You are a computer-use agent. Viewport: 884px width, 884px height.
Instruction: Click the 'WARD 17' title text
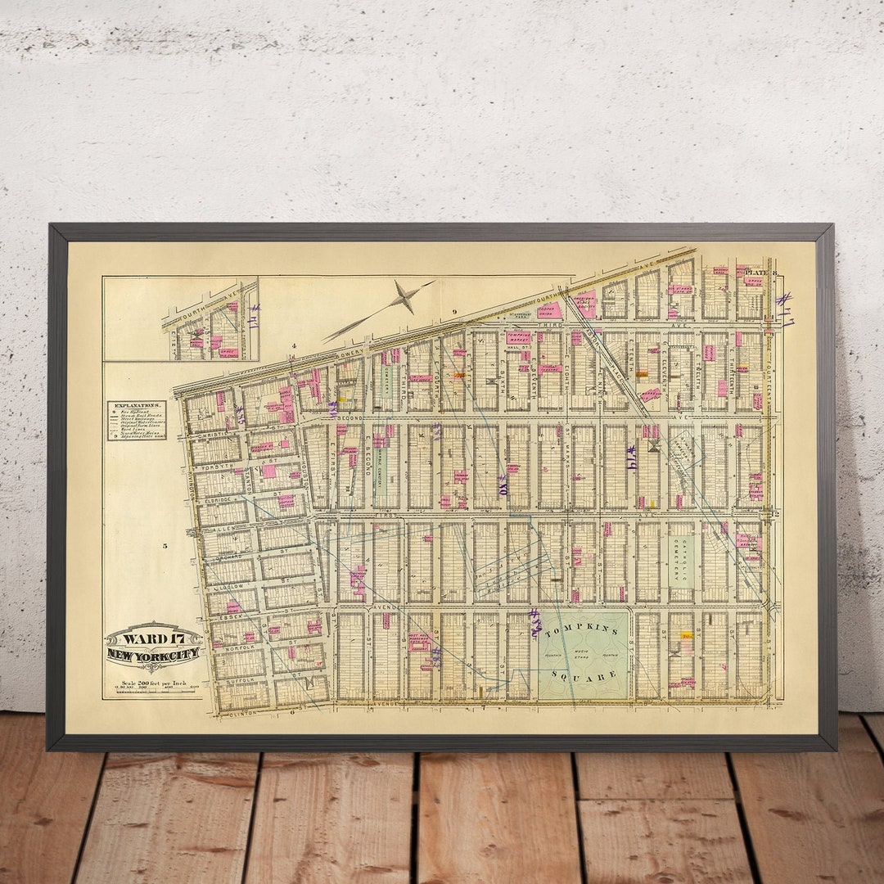(x=154, y=635)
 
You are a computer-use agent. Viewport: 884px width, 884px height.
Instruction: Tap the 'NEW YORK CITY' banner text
(x=154, y=654)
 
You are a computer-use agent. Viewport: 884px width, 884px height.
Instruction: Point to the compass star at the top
(x=403, y=297)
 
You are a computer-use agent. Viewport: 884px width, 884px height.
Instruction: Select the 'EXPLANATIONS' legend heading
(x=136, y=405)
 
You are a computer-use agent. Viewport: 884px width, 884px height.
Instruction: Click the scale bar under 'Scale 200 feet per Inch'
(x=152, y=692)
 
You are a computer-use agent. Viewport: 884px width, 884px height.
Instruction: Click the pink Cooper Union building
(x=549, y=310)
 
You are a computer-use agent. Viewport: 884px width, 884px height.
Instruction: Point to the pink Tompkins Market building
(x=517, y=336)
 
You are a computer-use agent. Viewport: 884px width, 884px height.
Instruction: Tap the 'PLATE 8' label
(x=760, y=273)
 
